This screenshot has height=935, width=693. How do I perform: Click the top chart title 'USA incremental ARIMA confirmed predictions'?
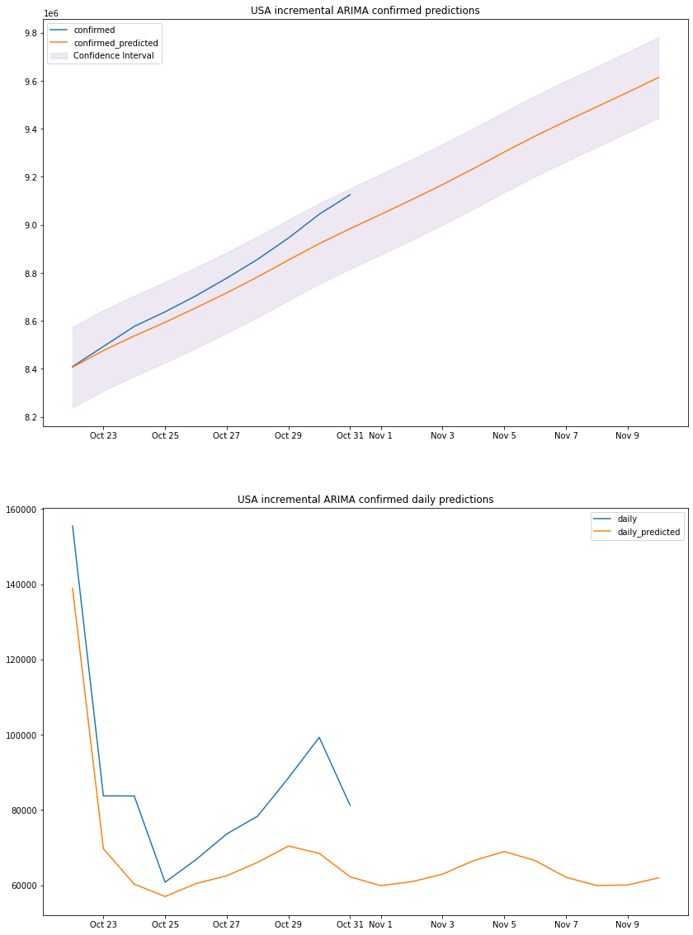[365, 11]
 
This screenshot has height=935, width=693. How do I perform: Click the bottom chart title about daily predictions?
[365, 500]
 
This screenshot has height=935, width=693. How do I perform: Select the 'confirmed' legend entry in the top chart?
[94, 31]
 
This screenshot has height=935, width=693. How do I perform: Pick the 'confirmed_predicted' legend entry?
[115, 43]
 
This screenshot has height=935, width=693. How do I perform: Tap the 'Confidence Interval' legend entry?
[113, 55]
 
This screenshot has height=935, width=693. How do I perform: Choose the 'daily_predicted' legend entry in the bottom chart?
[648, 533]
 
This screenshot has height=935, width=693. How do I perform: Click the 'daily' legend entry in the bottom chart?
[627, 519]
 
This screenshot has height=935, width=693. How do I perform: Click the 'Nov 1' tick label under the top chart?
[380, 435]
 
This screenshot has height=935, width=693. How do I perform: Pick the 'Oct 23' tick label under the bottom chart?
[103, 924]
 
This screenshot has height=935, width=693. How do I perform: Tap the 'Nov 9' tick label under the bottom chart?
[628, 924]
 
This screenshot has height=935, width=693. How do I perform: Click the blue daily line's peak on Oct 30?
[319, 737]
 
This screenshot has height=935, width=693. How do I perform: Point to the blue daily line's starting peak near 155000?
[73, 526]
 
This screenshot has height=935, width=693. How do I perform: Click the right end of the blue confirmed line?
[350, 195]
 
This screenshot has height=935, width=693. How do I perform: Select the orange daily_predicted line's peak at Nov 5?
[504, 852]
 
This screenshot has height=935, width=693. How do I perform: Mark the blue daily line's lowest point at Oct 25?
[165, 882]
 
